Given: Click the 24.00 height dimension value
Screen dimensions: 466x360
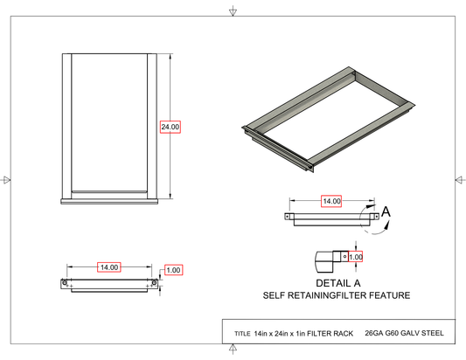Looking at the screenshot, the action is point(170,127).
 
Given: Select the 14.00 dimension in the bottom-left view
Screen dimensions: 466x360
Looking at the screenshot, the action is point(109,267).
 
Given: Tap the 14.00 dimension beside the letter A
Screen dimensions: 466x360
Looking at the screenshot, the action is point(331,201).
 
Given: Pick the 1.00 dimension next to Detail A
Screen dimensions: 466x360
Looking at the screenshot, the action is point(356,257).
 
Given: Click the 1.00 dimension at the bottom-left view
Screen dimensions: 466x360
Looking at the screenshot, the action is point(173,270).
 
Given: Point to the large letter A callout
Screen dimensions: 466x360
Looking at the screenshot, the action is point(386,211).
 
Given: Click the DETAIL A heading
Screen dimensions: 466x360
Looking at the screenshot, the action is point(337,283).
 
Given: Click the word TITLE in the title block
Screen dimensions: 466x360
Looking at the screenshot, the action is point(242,334).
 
